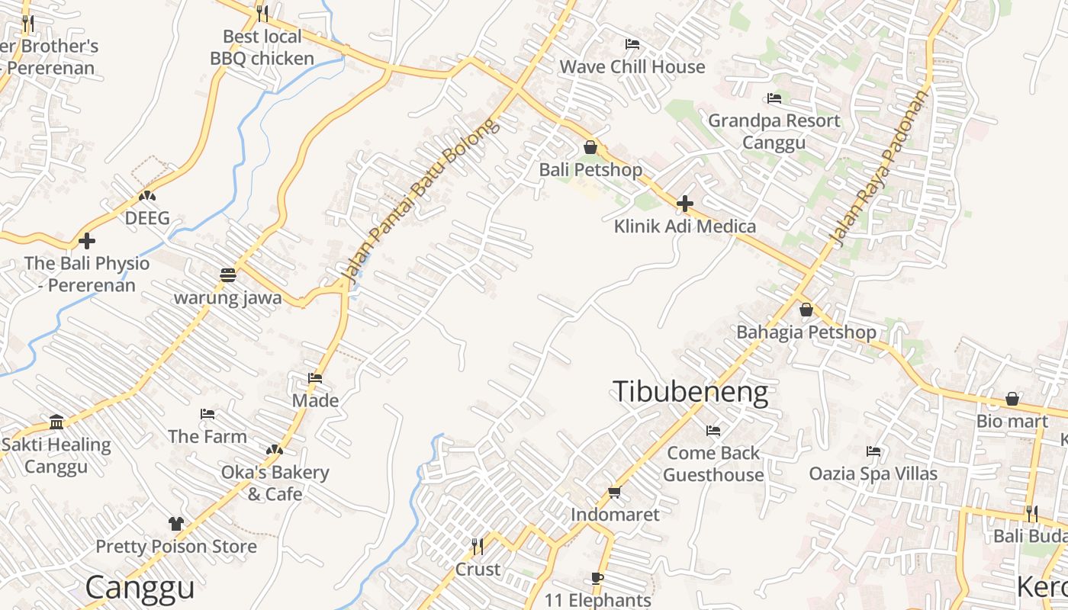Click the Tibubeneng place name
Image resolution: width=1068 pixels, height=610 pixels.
pyautogui.click(x=690, y=392)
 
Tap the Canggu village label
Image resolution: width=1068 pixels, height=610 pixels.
pyautogui.click(x=140, y=587)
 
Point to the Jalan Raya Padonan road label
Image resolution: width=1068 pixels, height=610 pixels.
pyautogui.click(x=882, y=169)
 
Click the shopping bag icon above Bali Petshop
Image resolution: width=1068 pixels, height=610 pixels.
pyautogui.click(x=590, y=147)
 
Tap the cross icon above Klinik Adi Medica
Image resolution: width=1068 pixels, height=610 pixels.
pyautogui.click(x=685, y=204)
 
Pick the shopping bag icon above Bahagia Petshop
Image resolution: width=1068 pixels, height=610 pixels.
pyautogui.click(x=806, y=310)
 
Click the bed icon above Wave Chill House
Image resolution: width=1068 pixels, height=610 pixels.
pyautogui.click(x=632, y=44)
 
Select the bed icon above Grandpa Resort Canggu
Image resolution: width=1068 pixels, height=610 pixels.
pyautogui.click(x=774, y=98)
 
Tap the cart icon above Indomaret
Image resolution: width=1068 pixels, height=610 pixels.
pyautogui.click(x=615, y=492)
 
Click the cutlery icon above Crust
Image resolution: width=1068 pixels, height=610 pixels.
pyautogui.click(x=478, y=546)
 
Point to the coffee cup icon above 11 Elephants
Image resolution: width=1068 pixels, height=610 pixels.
pyautogui.click(x=597, y=579)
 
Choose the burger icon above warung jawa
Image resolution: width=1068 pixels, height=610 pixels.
pyautogui.click(x=227, y=274)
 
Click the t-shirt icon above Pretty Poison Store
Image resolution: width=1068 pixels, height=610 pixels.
pyautogui.click(x=176, y=524)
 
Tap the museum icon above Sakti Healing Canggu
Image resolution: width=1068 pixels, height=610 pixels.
pyautogui.click(x=56, y=422)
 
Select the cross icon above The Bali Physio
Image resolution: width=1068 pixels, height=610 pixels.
pyautogui.click(x=87, y=241)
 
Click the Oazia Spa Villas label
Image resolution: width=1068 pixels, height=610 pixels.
pyautogui.click(x=873, y=474)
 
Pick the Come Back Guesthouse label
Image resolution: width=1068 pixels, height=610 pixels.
pyautogui.click(x=713, y=464)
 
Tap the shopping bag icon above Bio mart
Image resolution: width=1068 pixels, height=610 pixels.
pyautogui.click(x=1012, y=399)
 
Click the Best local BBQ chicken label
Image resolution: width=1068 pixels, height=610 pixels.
pyautogui.click(x=262, y=47)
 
